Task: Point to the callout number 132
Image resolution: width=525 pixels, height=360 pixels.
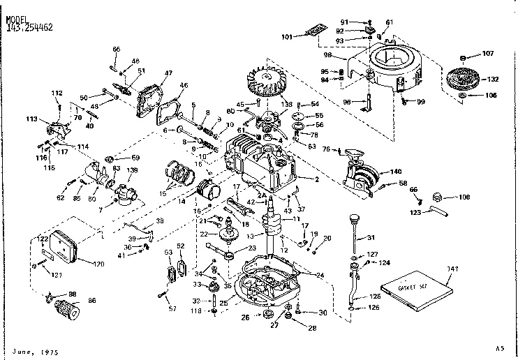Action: tap(493, 80)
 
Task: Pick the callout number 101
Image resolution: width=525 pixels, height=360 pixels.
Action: tap(287, 37)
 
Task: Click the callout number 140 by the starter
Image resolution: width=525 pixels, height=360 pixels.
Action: tap(397, 171)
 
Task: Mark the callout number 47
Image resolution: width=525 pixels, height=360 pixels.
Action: tap(168, 73)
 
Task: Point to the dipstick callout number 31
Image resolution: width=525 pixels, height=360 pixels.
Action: tap(371, 238)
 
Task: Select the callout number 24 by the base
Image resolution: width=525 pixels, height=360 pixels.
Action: tap(320, 275)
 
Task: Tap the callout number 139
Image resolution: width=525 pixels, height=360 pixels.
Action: tap(131, 170)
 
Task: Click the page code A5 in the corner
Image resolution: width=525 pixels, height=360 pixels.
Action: tap(498, 347)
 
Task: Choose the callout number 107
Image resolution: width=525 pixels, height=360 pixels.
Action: tap(487, 54)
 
